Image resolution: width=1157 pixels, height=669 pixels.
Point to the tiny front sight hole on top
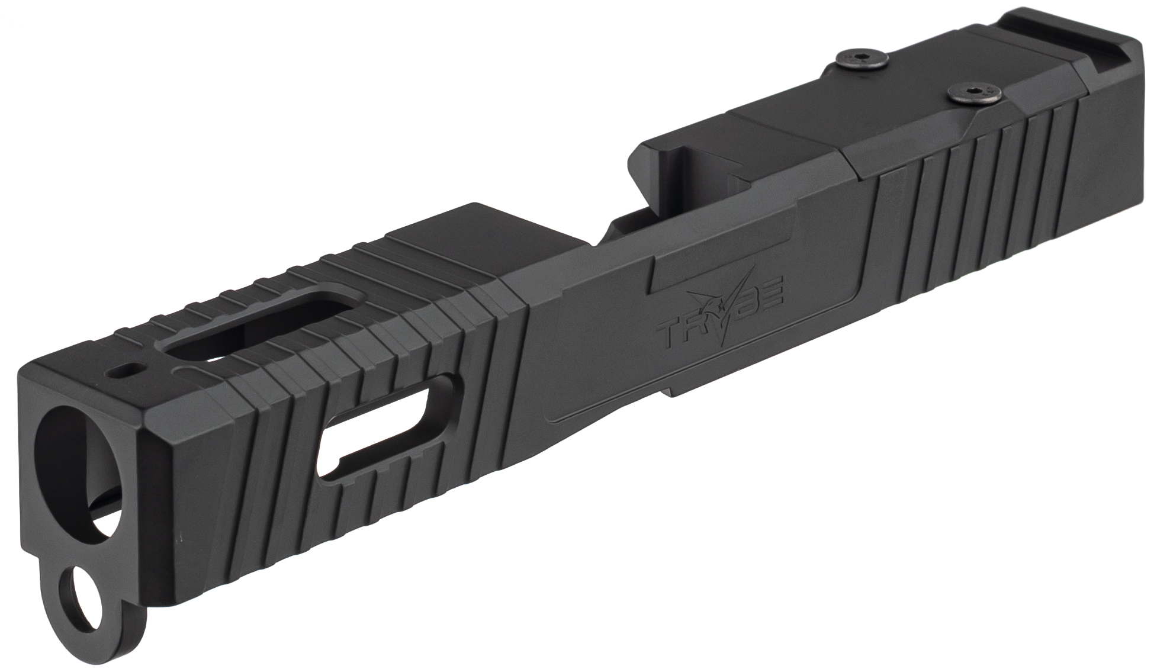(x=127, y=372)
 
